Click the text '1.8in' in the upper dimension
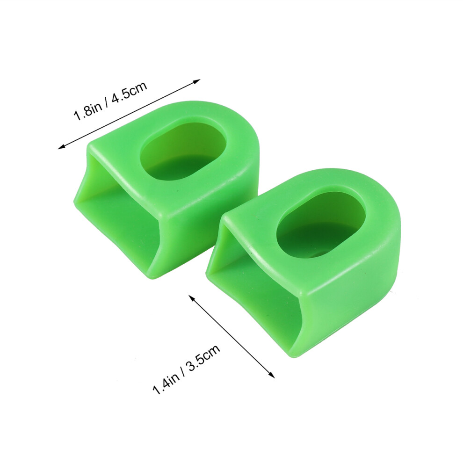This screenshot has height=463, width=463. click(x=88, y=111)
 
